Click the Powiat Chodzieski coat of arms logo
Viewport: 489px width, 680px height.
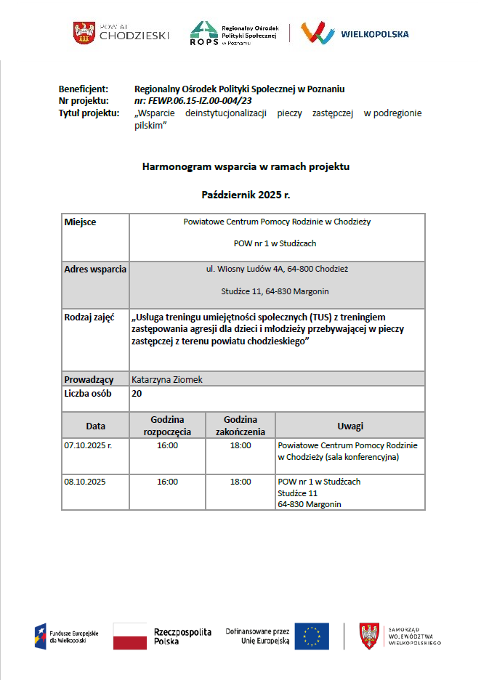84,33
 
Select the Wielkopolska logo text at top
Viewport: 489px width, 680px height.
374,33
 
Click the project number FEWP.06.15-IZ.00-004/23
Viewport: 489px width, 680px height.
193,101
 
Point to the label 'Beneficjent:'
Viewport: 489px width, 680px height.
84,89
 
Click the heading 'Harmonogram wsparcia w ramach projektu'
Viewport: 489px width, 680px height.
246,167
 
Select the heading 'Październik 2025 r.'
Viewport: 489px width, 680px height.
246,195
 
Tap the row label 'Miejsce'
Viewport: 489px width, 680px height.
81,222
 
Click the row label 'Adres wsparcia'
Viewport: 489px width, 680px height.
95,270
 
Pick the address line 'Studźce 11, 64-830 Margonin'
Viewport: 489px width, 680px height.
275,291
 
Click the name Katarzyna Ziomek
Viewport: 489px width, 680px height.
167,379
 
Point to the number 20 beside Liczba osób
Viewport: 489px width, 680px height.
137,393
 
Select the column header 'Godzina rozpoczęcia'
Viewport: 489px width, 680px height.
167,426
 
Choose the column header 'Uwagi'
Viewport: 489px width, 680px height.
350,426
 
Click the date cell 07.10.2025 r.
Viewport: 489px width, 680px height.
88,445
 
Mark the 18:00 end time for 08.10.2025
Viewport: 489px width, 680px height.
241,482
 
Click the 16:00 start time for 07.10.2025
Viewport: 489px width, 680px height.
167,445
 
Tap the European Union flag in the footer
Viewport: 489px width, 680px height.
312,636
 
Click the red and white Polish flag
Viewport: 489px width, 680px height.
130,636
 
